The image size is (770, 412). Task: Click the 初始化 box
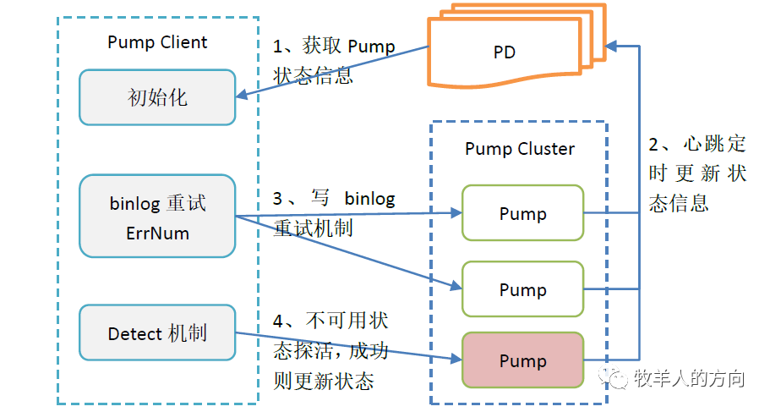157,97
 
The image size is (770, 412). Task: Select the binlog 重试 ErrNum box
157,216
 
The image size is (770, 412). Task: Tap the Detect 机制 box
157,333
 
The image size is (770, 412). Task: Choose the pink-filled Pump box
522,361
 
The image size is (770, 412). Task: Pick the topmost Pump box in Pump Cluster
522,214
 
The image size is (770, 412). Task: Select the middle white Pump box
522,289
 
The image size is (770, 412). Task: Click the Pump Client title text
157,42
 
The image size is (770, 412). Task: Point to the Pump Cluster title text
520,149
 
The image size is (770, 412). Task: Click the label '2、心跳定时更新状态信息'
697,173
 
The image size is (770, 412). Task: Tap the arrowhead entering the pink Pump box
456,360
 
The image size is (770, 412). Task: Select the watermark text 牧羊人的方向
689,377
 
